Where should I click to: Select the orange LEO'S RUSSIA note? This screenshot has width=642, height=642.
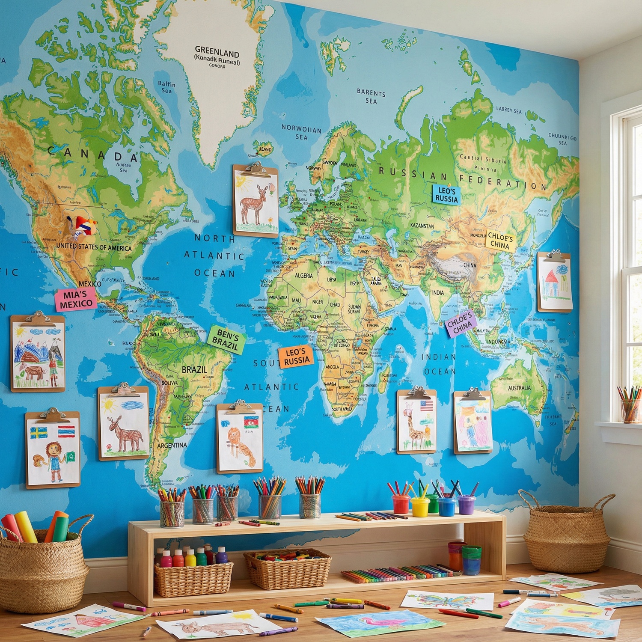(x=296, y=357)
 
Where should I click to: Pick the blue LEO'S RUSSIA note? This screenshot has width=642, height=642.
(x=446, y=195)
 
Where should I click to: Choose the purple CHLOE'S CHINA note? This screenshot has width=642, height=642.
(x=461, y=324)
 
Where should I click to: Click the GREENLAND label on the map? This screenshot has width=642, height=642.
(x=217, y=54)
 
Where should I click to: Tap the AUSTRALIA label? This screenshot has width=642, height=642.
(x=519, y=388)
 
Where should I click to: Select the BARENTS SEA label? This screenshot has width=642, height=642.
(x=371, y=97)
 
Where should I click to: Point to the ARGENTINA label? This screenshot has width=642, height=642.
(x=172, y=445)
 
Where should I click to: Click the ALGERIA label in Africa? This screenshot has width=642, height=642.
(x=303, y=276)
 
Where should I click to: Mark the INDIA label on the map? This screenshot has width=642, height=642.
(x=438, y=293)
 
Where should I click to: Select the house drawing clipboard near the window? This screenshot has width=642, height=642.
(x=555, y=282)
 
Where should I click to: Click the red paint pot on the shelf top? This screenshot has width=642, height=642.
(x=401, y=504)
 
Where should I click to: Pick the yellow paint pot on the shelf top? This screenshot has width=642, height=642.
(x=420, y=507)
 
